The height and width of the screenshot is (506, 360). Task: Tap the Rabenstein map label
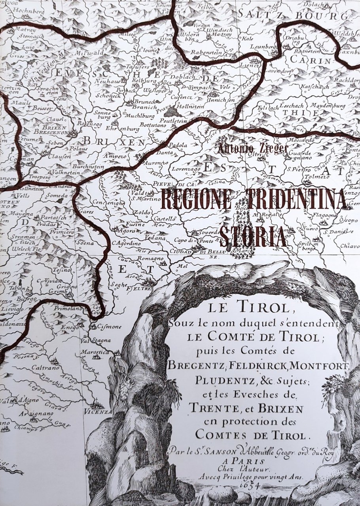click(x=205, y=52)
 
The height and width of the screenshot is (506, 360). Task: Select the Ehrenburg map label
click(x=123, y=129)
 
